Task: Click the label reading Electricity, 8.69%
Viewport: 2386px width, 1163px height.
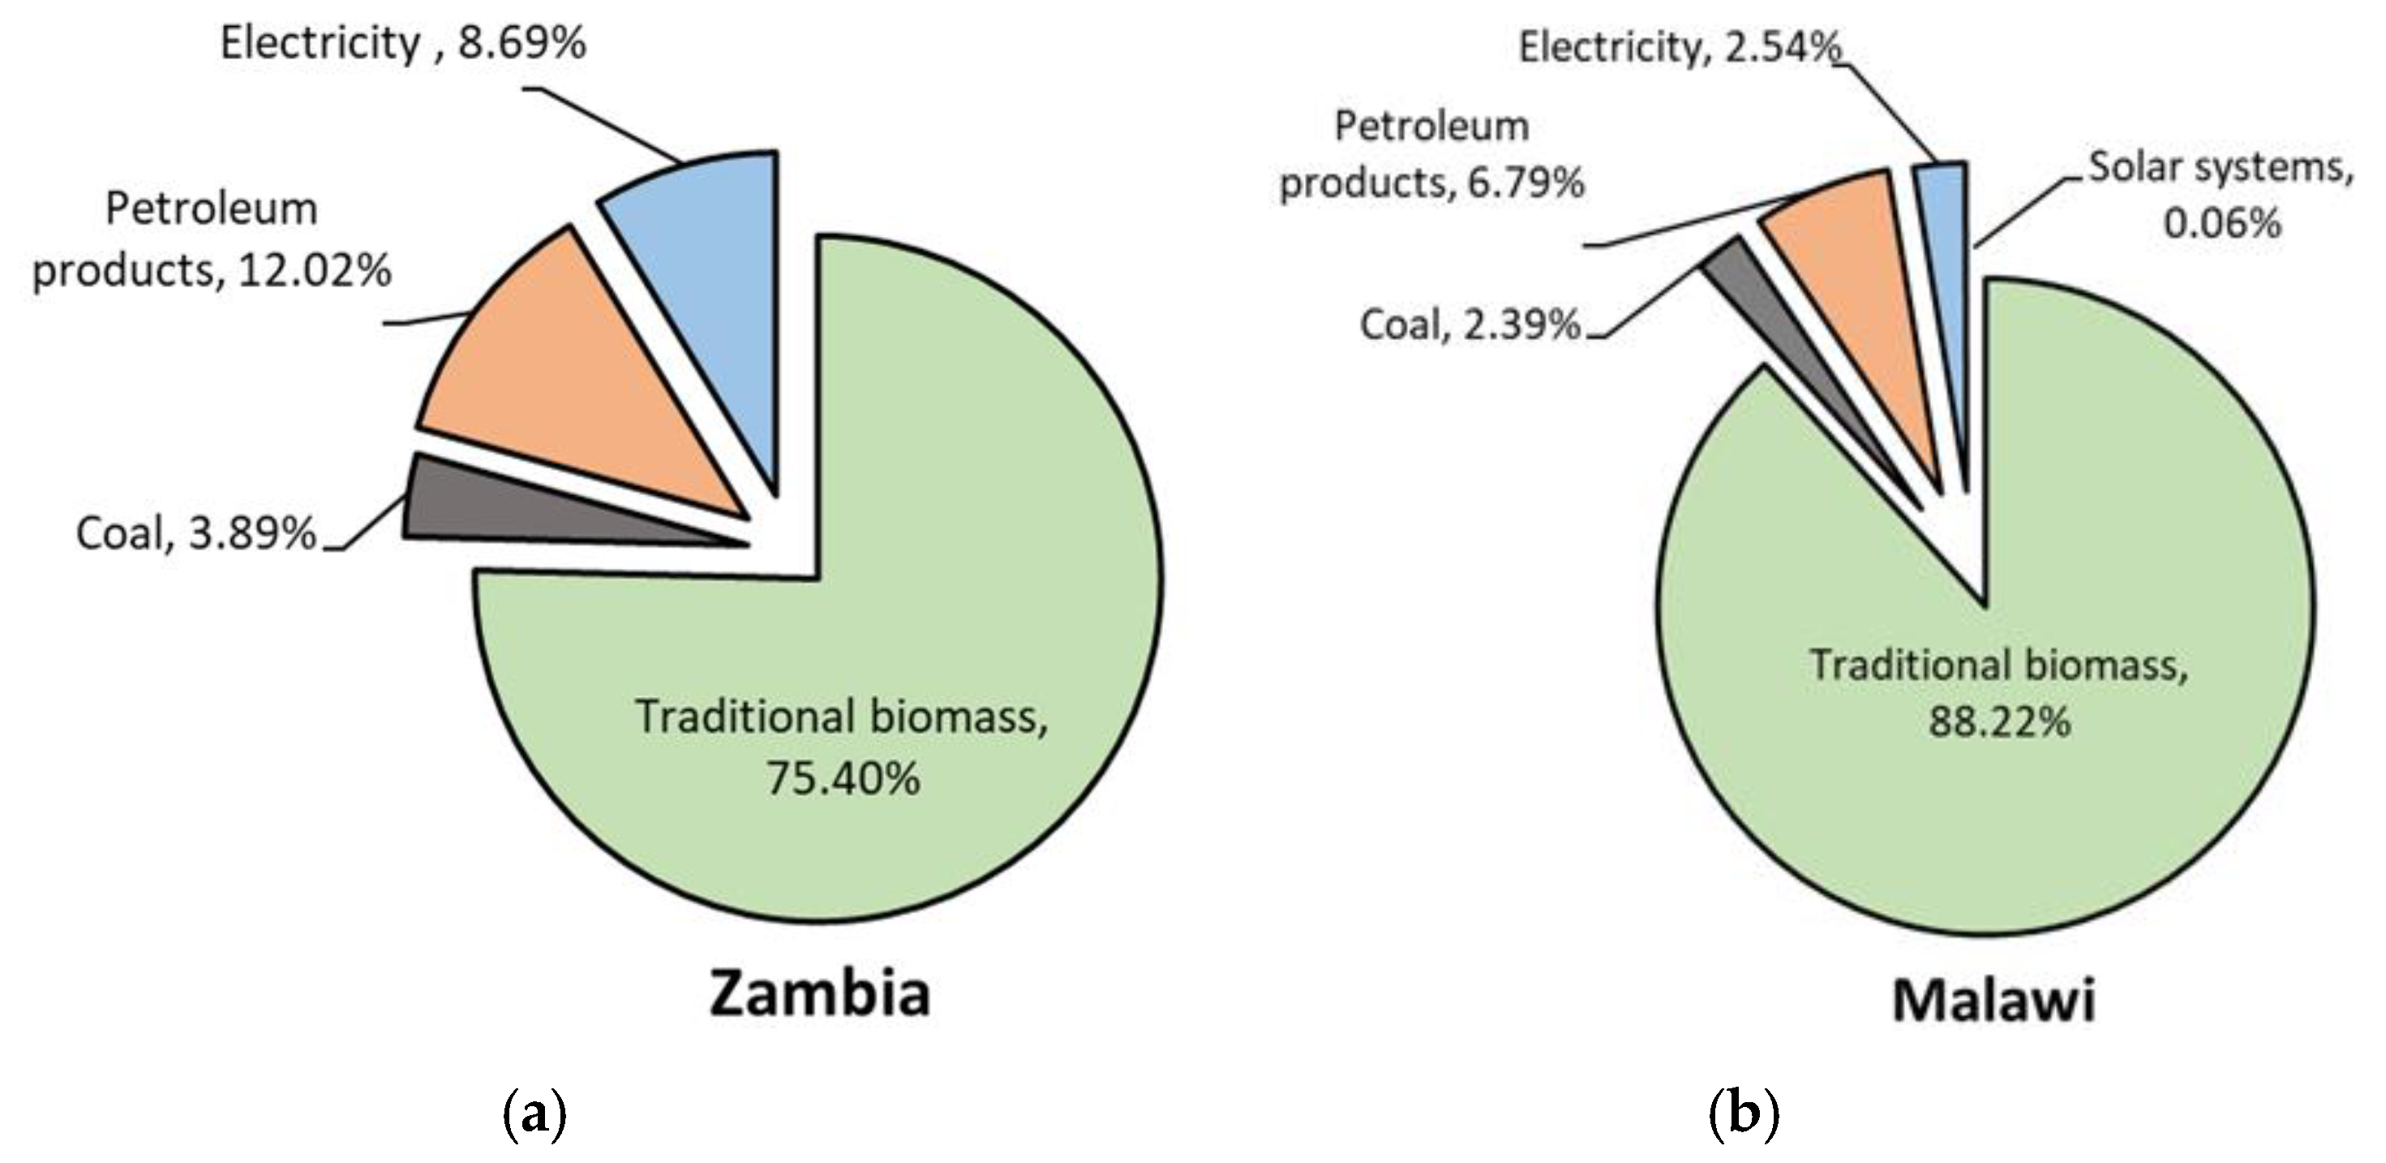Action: [403, 44]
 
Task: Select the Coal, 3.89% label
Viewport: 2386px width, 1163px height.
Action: [196, 534]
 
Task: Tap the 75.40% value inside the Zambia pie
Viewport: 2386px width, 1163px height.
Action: [843, 778]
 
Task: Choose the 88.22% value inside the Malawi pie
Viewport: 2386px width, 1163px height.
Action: [1999, 721]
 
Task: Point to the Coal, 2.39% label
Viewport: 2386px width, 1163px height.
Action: [1469, 325]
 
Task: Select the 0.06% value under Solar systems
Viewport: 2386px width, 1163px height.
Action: [2221, 223]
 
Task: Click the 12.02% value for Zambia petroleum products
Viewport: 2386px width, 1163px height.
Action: [315, 270]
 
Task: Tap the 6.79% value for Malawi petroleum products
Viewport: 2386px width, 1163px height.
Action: [1526, 183]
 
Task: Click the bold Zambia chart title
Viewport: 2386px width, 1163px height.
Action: [820, 994]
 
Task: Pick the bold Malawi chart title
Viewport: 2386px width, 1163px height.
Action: [1993, 1001]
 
